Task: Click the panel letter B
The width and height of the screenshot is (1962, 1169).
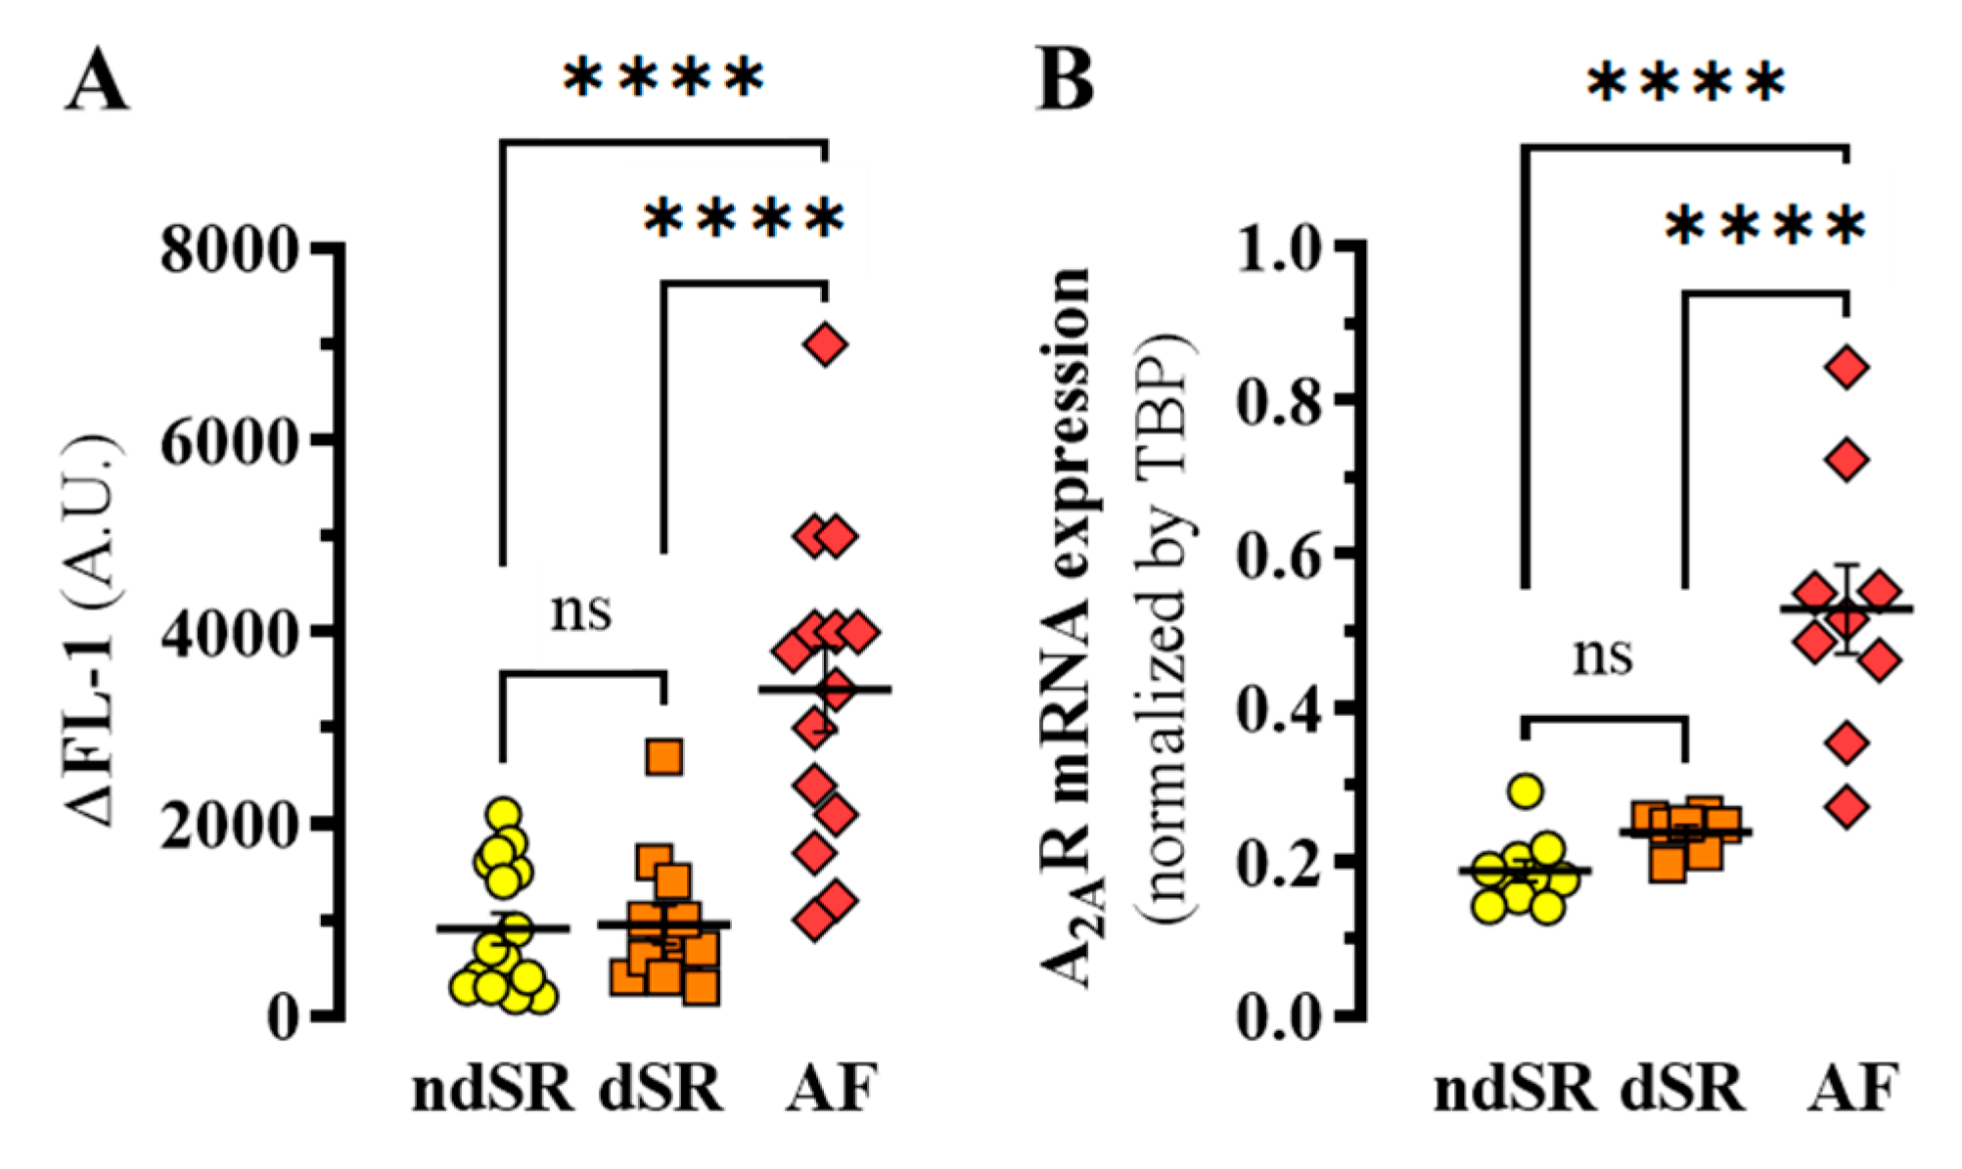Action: (x=1064, y=81)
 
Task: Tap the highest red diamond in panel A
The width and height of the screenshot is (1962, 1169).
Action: (x=825, y=344)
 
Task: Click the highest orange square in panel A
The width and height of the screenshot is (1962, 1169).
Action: (x=664, y=757)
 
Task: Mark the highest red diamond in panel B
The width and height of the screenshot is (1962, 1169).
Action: (x=1848, y=368)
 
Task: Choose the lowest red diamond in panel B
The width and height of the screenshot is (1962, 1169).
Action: (x=1848, y=808)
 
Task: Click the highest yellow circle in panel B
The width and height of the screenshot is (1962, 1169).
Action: (x=1525, y=790)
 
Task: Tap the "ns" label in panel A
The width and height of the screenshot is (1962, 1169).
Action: (x=581, y=611)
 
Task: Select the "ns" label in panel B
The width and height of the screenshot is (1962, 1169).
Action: (x=1603, y=655)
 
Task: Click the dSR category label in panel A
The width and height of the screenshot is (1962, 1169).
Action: (x=662, y=1088)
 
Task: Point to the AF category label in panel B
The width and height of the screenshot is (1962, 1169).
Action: (x=1852, y=1088)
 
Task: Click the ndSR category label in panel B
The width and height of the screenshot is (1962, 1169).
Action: (x=1515, y=1088)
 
